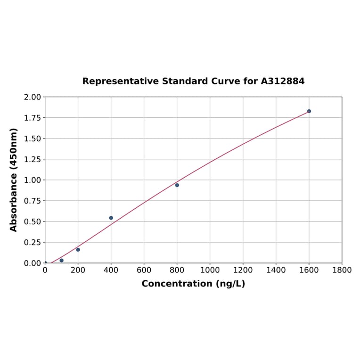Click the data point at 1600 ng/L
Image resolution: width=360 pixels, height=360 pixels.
[x=309, y=111]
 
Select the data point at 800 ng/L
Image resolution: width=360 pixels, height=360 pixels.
[x=177, y=185]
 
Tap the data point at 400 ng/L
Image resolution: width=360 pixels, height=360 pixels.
[x=111, y=218]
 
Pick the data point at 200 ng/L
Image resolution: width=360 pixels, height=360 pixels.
[x=78, y=250]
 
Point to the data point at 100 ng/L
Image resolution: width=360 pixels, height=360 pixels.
[x=61, y=261]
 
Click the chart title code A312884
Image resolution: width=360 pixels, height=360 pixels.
[x=283, y=81]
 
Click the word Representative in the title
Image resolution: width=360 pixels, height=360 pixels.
[x=121, y=81]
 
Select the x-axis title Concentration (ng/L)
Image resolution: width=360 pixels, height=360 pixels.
[x=193, y=284]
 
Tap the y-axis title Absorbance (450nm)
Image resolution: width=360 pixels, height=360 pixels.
[x=14, y=180]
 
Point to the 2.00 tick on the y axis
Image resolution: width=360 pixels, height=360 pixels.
[x=33, y=97]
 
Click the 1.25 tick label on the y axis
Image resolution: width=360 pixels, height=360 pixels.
[x=33, y=159]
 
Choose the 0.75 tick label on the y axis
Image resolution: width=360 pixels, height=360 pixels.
[x=33, y=201]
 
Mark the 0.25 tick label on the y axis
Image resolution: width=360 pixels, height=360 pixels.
[x=33, y=242]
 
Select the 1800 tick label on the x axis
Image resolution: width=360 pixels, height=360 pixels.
[x=342, y=270]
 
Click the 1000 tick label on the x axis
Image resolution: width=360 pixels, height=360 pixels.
[x=210, y=270]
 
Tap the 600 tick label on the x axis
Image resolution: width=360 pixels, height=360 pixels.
[x=144, y=270]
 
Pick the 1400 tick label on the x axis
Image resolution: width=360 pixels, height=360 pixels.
[x=276, y=270]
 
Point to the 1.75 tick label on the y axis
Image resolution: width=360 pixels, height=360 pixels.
[x=33, y=118]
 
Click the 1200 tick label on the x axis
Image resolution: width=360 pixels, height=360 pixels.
[x=243, y=270]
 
